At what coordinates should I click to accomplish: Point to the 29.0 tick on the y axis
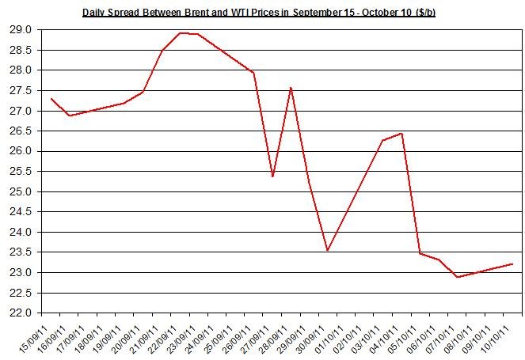pos(22,30)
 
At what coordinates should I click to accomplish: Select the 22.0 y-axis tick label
pos(22,313)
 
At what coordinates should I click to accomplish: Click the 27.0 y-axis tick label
pos(22,111)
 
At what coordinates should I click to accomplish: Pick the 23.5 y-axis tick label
pos(22,252)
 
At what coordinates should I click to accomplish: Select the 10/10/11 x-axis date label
pos(500,337)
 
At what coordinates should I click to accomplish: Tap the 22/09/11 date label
pos(167,337)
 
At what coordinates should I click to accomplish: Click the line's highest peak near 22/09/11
pos(181,33)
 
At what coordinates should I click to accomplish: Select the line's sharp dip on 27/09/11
pos(272,176)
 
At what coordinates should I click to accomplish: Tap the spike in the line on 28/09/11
pos(291,88)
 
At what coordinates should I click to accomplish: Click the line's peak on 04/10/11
pos(402,133)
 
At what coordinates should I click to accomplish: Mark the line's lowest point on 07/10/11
pos(457,277)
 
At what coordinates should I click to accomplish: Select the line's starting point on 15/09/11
pos(51,99)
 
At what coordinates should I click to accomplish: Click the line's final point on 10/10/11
pos(512,264)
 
